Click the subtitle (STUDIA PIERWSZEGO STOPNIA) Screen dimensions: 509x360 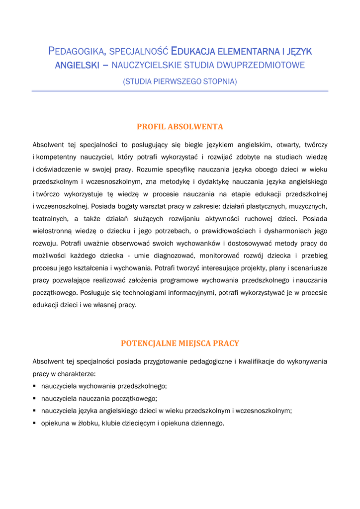pyautogui.click(x=180, y=81)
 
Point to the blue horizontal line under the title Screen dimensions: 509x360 pyautogui.click(x=180, y=91)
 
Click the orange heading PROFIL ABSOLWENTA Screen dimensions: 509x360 pyautogui.click(x=180, y=127)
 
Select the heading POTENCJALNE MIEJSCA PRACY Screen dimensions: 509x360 pyautogui.click(x=180, y=343)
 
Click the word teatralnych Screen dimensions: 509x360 pyautogui.click(x=49, y=219)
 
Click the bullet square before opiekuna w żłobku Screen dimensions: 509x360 pyautogui.click(x=34, y=424)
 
